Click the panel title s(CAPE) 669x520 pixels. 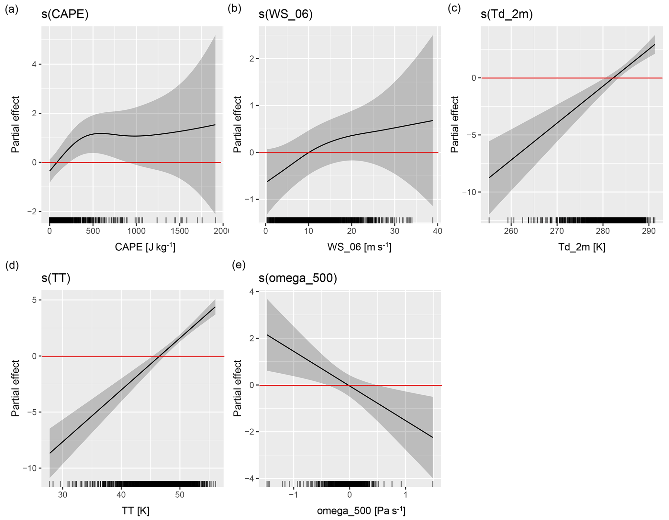[x=65, y=15]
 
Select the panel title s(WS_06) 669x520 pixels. [x=285, y=15]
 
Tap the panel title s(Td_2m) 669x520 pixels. [x=507, y=15]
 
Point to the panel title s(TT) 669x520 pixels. [x=56, y=278]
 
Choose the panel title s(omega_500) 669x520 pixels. [x=298, y=278]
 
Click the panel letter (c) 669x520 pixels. [x=454, y=9]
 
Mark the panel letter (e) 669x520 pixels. [x=239, y=265]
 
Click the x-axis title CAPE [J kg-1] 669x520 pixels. [x=145, y=247]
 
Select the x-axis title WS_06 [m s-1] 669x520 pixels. [x=359, y=247]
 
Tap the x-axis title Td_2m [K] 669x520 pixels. [x=582, y=247]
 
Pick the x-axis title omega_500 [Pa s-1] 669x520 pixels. [x=361, y=511]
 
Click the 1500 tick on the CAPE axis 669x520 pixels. [x=180, y=231]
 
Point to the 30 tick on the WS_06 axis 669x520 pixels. [x=394, y=231]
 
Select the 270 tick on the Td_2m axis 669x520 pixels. [x=557, y=231]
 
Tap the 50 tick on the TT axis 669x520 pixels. [x=180, y=495]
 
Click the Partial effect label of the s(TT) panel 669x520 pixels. [x=15, y=388]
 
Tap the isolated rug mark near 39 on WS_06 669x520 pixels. [x=433, y=220]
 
